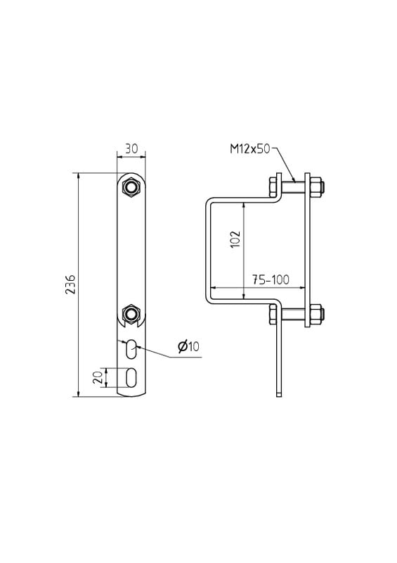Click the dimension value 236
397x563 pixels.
(70, 284)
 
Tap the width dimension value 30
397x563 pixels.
(131, 148)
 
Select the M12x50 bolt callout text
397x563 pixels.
(249, 148)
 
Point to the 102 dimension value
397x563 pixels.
(235, 239)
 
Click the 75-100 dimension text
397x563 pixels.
(270, 279)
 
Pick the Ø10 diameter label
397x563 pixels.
(188, 346)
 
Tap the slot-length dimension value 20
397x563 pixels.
(98, 377)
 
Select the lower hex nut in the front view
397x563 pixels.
(131, 314)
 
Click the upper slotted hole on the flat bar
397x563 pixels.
(131, 348)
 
